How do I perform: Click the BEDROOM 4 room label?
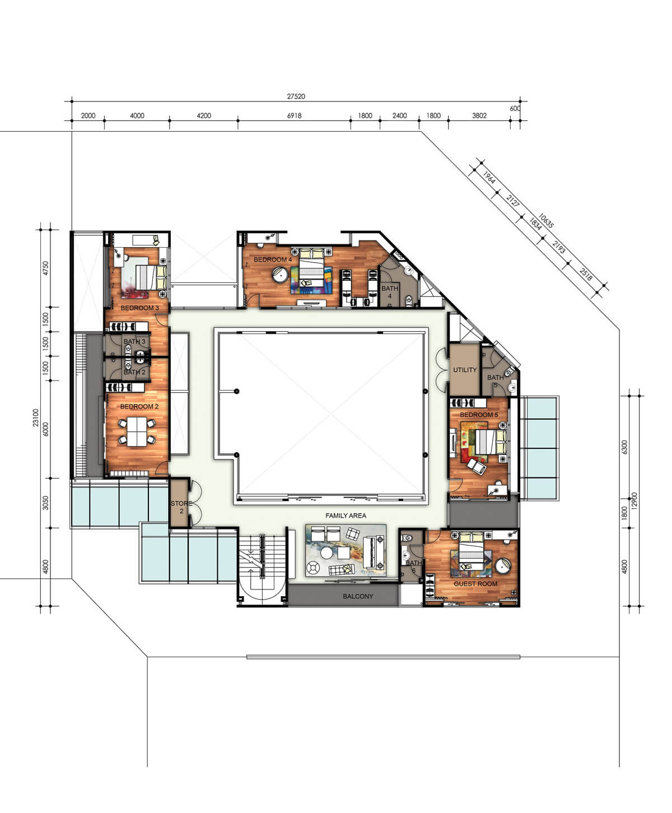[272, 259]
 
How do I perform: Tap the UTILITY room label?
[465, 369]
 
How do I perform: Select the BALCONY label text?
[358, 596]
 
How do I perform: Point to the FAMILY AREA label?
[346, 515]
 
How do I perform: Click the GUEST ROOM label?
[475, 584]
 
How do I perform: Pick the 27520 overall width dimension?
[296, 96]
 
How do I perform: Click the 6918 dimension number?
[294, 115]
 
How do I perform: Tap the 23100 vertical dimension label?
[36, 418]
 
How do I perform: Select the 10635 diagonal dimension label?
[545, 221]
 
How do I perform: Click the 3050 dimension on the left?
[46, 503]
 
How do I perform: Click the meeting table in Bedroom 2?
[137, 431]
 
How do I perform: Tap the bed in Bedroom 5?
[491, 442]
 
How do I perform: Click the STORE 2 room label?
[181, 507]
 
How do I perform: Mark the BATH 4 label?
[390, 292]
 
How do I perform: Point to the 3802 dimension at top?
[479, 115]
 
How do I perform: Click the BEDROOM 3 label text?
[139, 308]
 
